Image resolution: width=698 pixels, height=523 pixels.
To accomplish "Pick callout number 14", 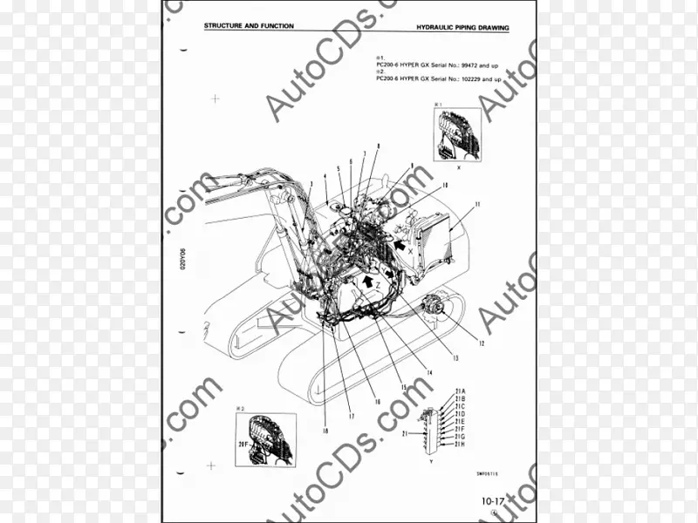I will [x=429, y=373].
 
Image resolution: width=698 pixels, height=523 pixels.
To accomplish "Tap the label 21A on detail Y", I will [x=460, y=391].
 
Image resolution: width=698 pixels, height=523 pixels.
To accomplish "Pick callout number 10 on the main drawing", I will [x=444, y=185].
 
